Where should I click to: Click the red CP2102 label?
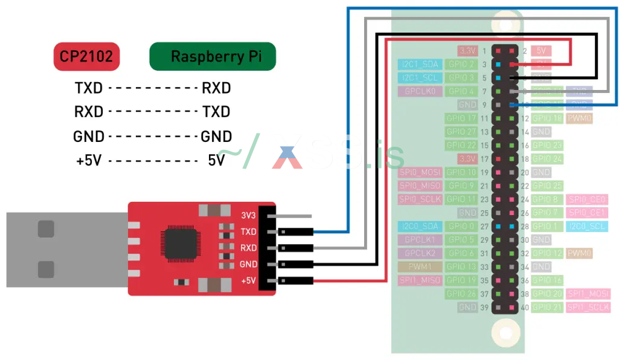pyautogui.click(x=87, y=57)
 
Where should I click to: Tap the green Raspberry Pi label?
pyautogui.click(x=213, y=57)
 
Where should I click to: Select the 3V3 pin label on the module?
pyautogui.click(x=248, y=215)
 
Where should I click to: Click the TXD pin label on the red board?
pyautogui.click(x=248, y=231)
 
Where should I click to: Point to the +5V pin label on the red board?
pyautogui.click(x=247, y=281)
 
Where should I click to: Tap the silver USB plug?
pyautogui.click(x=66, y=249)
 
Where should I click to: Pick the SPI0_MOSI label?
pyautogui.click(x=420, y=172)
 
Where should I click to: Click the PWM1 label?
pyautogui.click(x=420, y=266)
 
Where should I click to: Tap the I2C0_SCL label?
pyautogui.click(x=587, y=226)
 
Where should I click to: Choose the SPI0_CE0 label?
pyautogui.click(x=587, y=199)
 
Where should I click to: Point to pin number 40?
pyautogui.click(x=525, y=307)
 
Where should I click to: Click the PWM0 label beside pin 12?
pyautogui.click(x=579, y=118)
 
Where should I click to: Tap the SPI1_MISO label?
pyautogui.click(x=420, y=280)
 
